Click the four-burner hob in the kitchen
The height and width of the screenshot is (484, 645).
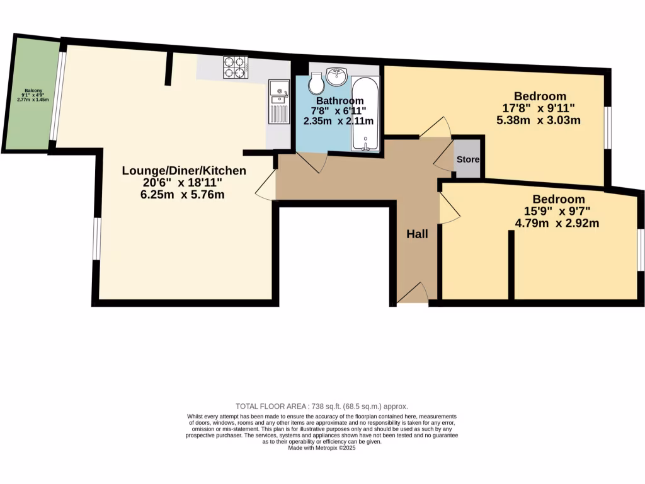pyautogui.click(x=236, y=67)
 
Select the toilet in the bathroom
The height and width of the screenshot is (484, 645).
pyautogui.click(x=316, y=82)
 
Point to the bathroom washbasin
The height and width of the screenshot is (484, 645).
pyautogui.click(x=337, y=76)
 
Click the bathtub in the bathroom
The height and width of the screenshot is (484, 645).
pyautogui.click(x=365, y=113)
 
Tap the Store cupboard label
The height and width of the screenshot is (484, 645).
pyautogui.click(x=467, y=159)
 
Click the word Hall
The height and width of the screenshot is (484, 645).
pyautogui.click(x=417, y=234)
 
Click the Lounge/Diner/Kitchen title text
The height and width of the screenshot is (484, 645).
pyautogui.click(x=184, y=171)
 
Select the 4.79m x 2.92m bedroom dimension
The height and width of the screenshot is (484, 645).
pyautogui.click(x=558, y=222)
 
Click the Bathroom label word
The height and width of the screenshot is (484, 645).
pyautogui.click(x=340, y=101)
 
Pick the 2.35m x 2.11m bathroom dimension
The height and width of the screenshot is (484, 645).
pyautogui.click(x=339, y=121)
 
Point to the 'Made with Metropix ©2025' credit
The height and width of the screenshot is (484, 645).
pyautogui.click(x=322, y=447)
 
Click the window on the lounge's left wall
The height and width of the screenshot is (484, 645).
pyautogui.click(x=96, y=238)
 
